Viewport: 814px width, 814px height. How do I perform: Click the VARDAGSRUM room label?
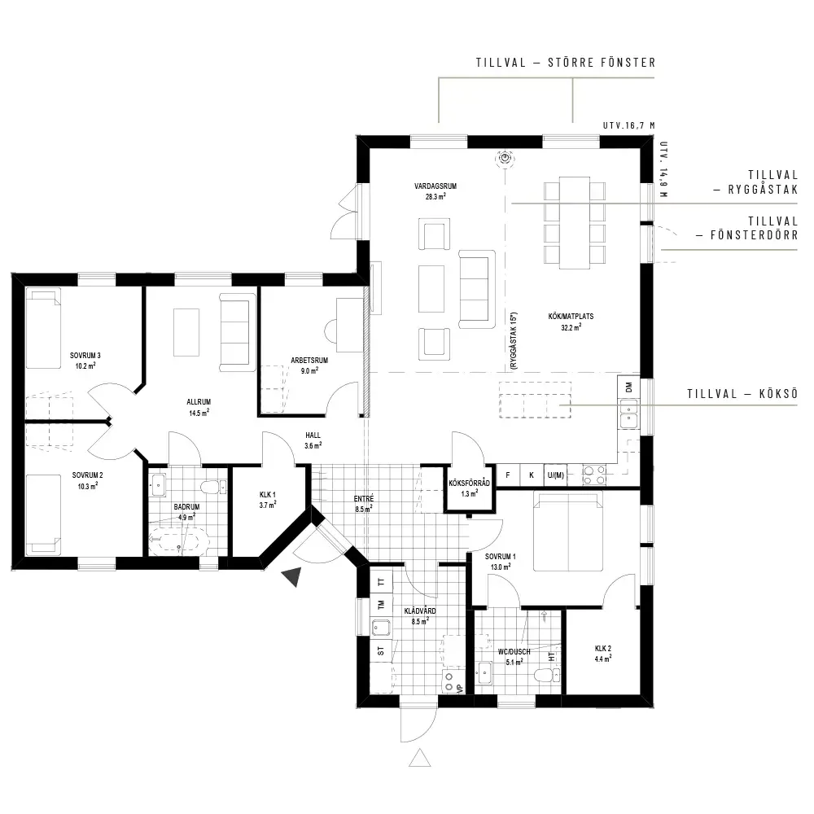pyautogui.click(x=435, y=186)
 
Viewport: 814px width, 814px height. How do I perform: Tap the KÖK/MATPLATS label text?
pyautogui.click(x=571, y=316)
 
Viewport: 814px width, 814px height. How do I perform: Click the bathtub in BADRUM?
pyautogui.click(x=178, y=542)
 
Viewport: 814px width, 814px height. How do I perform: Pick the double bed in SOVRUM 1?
pyautogui.click(x=568, y=531)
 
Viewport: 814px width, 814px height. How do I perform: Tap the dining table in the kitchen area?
pyautogui.click(x=574, y=223)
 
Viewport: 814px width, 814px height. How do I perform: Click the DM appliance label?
pyautogui.click(x=629, y=387)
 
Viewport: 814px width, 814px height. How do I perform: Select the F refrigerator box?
pyautogui.click(x=508, y=475)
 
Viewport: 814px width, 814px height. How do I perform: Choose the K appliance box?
pyautogui.click(x=531, y=475)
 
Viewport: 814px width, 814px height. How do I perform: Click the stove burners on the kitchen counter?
pyautogui.click(x=594, y=475)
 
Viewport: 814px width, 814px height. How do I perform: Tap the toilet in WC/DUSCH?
pyautogui.click(x=547, y=676)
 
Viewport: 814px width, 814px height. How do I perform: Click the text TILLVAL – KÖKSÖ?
pyautogui.click(x=742, y=393)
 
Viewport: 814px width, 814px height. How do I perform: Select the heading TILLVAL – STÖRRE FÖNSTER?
pyautogui.click(x=566, y=63)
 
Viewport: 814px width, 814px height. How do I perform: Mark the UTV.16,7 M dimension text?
pyautogui.click(x=628, y=125)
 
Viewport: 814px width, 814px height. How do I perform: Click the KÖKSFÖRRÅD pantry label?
pyautogui.click(x=470, y=484)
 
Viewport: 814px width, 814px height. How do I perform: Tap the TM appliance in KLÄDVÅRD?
pyautogui.click(x=382, y=605)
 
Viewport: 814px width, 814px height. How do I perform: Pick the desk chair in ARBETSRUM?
pyautogui.click(x=331, y=331)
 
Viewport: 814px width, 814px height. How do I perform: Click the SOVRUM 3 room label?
pyautogui.click(x=85, y=356)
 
